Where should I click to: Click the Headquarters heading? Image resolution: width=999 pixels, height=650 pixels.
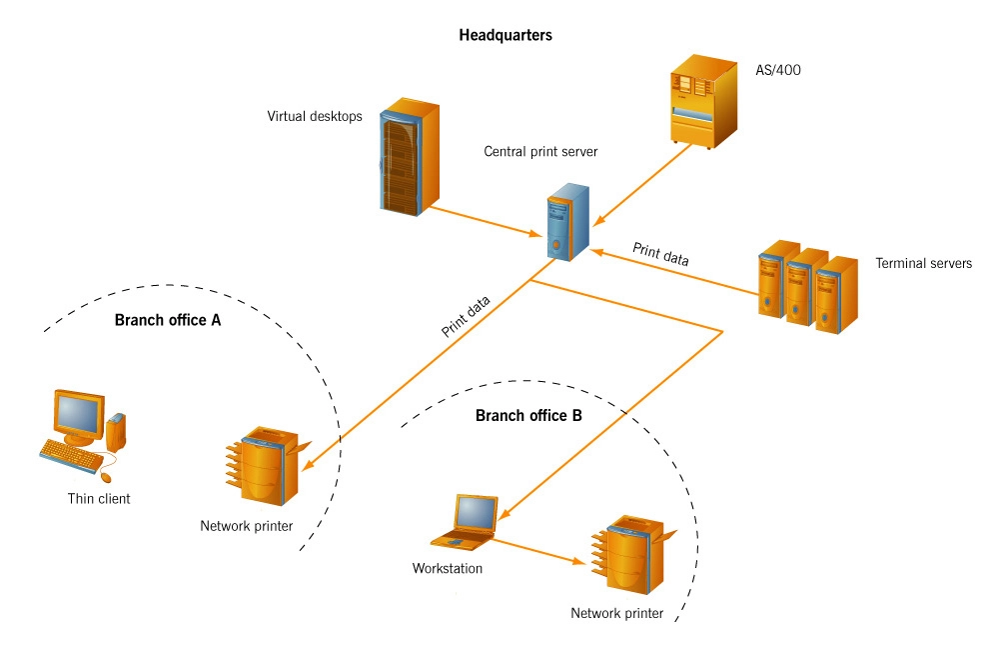[x=504, y=35]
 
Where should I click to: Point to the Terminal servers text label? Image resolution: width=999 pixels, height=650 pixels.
[x=923, y=264]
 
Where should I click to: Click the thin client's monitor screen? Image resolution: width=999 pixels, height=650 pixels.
[x=78, y=413]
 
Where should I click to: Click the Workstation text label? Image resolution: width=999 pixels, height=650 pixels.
[x=447, y=569]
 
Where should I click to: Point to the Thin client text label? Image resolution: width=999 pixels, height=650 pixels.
[x=99, y=498]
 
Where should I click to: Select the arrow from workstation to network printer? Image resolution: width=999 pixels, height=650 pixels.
[x=539, y=553]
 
